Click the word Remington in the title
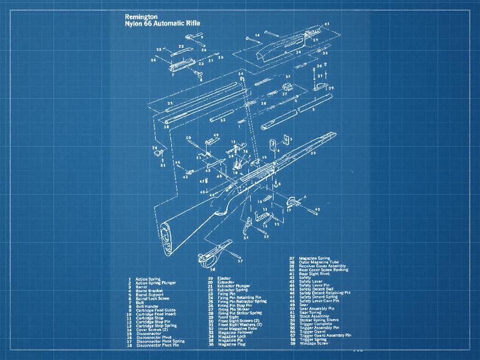tap(138, 16)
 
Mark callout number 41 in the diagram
tap(327, 24)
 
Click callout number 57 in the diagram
tap(240, 261)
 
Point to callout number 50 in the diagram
tap(189, 138)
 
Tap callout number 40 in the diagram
tap(317, 209)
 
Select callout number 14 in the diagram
tap(258, 35)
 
